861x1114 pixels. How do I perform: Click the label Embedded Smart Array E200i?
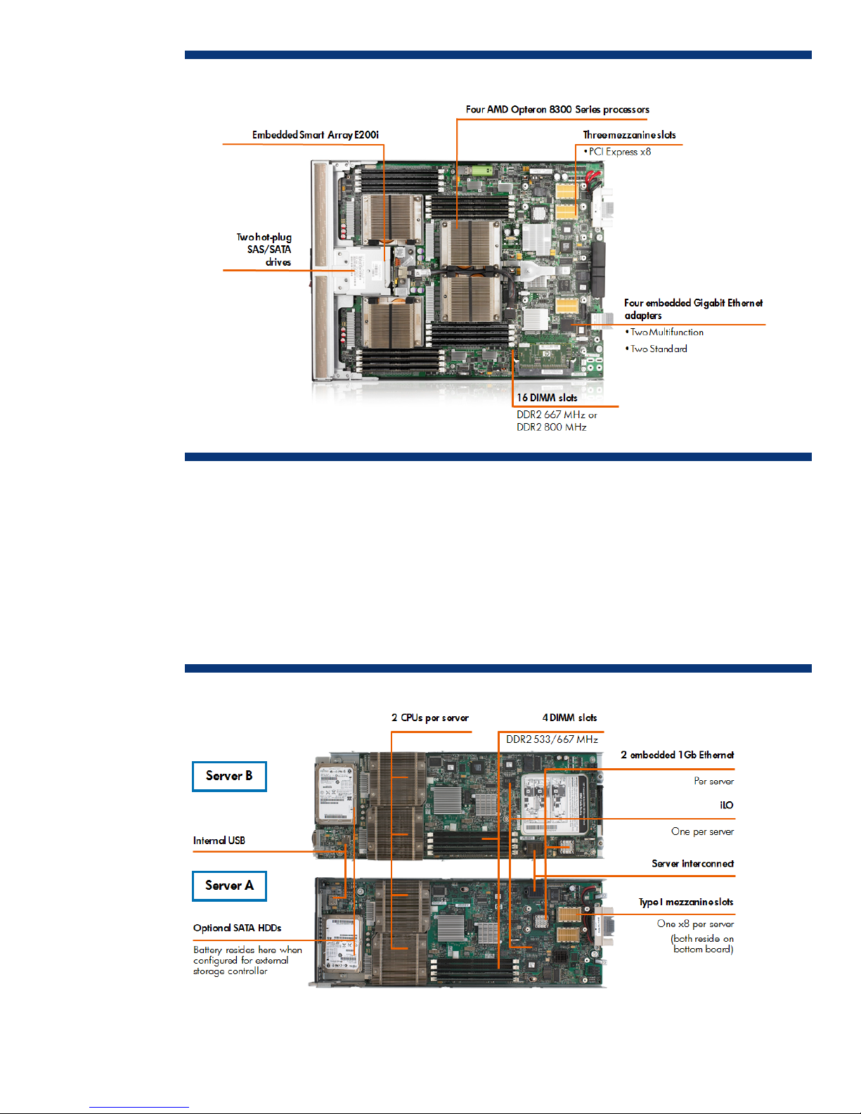tap(315, 135)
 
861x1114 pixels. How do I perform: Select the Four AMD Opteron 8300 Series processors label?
tap(557, 110)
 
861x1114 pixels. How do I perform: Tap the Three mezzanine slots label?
tap(629, 135)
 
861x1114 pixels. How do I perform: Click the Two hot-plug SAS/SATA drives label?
tap(264, 250)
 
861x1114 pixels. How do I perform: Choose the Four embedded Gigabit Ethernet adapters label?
tap(693, 309)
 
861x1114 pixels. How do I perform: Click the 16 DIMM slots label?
tap(547, 398)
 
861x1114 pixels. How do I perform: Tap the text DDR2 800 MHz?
tap(551, 427)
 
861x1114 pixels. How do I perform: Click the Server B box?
tap(229, 776)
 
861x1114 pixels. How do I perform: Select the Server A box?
tap(229, 886)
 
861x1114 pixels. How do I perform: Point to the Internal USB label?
tap(219, 841)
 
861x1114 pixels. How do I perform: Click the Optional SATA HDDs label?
tap(238, 928)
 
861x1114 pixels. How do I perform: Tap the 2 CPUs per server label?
tap(430, 718)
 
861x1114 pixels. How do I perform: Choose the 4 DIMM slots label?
tap(569, 718)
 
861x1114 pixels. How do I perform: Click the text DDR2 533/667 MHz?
tap(552, 739)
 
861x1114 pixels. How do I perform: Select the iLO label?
tap(726, 805)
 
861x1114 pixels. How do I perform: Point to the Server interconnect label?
tap(692, 864)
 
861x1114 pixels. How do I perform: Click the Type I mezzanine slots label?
tap(685, 902)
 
